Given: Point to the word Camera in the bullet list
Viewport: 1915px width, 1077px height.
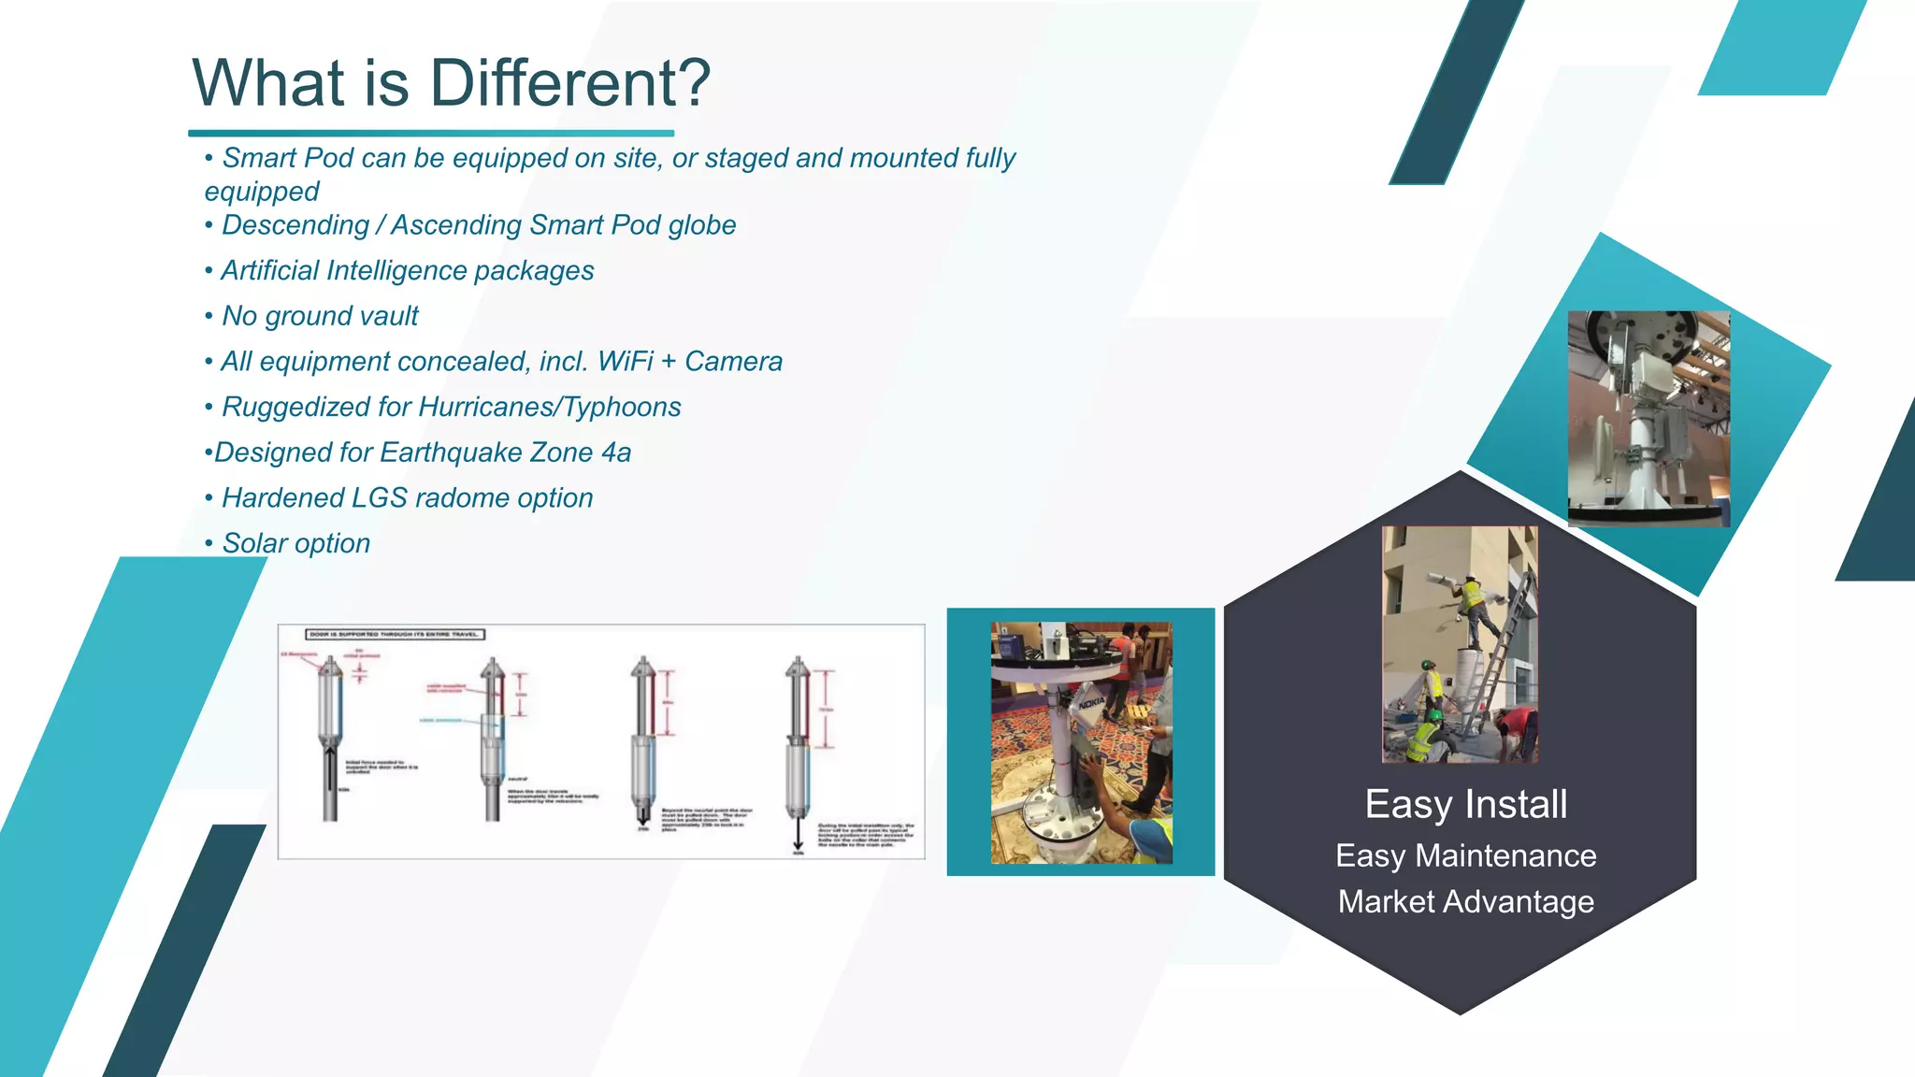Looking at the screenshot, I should [733, 362].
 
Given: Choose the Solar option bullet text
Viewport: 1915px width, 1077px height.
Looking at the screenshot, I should [295, 544].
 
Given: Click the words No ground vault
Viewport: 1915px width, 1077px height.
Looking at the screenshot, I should [320, 317].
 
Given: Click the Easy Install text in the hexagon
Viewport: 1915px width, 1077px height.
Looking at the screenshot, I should [1465, 805].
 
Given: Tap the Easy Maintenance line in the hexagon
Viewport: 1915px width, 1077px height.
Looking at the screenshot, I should [1465, 856].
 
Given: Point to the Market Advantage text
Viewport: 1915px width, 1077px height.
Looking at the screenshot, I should [1465, 902].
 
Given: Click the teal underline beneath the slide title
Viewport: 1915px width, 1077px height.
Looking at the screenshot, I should [431, 134].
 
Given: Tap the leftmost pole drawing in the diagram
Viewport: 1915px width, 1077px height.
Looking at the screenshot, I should [330, 739].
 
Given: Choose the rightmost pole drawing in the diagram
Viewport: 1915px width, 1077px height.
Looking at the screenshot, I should [798, 748].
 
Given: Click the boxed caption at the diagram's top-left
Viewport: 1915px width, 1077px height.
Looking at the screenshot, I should [396, 635].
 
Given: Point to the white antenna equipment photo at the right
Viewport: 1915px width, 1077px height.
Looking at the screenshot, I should [1649, 419].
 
